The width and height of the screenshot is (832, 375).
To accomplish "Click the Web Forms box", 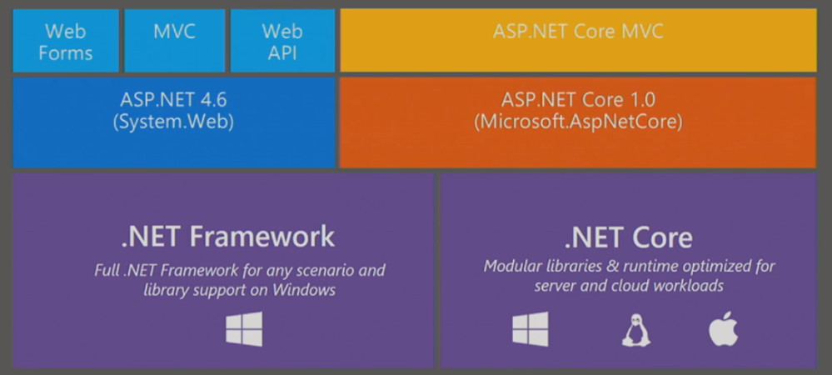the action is (66, 40).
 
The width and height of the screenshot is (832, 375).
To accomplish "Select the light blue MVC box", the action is (175, 40).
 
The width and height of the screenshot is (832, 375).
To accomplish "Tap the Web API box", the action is (283, 40).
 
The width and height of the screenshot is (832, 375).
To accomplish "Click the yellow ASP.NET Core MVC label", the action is (578, 32).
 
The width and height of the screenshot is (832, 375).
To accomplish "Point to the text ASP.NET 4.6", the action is (173, 99).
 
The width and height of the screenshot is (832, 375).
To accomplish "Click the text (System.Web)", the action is (173, 122).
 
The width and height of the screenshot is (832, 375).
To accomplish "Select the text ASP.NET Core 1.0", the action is (578, 99).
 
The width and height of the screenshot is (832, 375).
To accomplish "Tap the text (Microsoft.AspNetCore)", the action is (578, 122).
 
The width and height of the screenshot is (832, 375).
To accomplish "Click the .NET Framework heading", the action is (227, 237).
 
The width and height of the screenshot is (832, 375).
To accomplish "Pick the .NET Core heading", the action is (628, 237).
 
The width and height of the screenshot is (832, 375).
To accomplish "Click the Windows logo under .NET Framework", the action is (244, 329).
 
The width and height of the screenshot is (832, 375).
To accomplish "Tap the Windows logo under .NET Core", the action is (531, 329).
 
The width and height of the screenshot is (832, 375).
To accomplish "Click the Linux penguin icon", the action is (636, 329).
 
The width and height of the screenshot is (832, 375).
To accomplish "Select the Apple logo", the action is (723, 328).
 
